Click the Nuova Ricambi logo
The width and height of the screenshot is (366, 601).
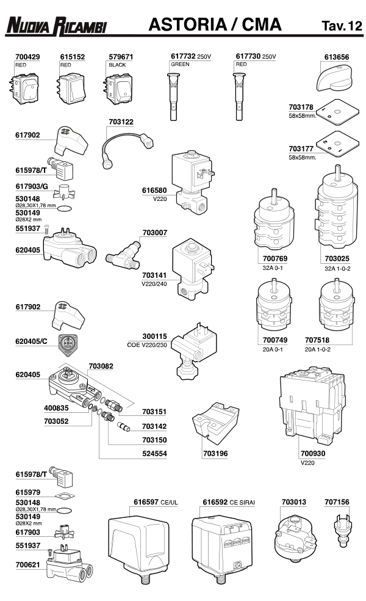56,26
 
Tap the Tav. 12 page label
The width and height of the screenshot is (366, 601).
342,25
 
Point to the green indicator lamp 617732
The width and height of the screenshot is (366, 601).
173,97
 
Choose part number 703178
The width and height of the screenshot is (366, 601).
301,107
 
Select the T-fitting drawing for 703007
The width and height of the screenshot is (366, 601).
124,255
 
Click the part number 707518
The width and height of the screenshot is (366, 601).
317,340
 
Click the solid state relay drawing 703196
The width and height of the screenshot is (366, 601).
215,422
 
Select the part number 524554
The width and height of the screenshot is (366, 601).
155,453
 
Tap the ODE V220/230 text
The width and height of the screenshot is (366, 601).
147,345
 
